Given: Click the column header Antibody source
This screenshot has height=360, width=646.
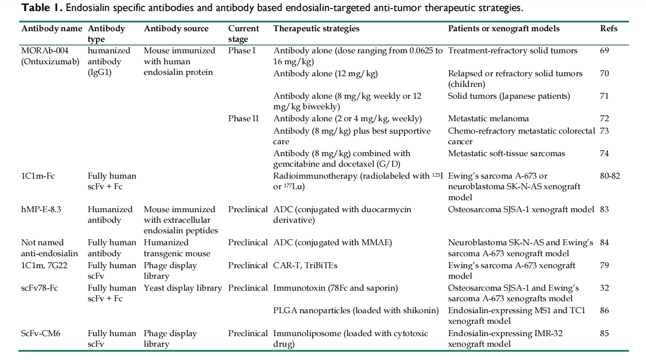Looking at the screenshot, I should pos(176,28).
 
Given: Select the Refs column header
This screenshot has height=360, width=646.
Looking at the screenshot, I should pos(609,28).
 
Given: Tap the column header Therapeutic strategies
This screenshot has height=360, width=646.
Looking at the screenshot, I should pos(316,28).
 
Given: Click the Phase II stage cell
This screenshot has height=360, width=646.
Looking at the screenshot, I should pos(243,119).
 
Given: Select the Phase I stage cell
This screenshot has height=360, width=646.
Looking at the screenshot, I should pos(242,51).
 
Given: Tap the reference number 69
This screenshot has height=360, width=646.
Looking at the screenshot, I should pos(605,51).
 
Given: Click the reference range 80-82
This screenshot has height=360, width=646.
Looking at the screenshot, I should pos(610,176).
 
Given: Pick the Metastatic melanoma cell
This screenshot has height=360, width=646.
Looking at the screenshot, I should pos(488,119).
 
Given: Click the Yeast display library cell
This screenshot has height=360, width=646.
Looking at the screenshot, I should pos(183,288).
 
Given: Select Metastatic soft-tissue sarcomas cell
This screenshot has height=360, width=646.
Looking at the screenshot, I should pos(506,153).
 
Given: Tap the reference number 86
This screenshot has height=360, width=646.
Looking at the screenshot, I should pos(605,310).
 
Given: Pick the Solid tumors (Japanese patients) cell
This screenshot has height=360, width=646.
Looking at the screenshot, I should pos(509,96).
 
